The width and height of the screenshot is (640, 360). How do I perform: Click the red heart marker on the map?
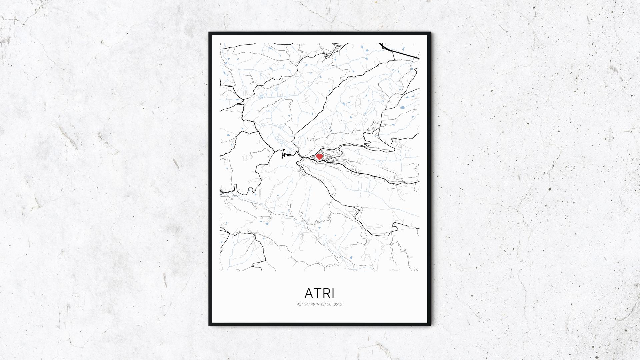click(x=319, y=156)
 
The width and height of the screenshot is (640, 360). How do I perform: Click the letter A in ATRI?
click(x=310, y=293)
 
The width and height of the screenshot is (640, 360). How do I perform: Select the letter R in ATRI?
click(x=326, y=293)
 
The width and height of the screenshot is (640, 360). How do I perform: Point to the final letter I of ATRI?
click(x=333, y=293)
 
